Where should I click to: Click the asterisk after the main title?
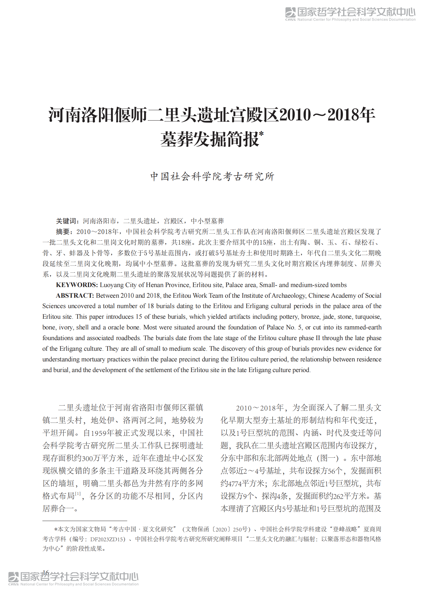pyautogui.click(x=261, y=134)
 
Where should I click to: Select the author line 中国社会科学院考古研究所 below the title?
pyautogui.click(x=212, y=176)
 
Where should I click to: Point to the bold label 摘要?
pyautogui.click(x=62, y=232)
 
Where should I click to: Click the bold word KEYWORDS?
pyautogui.click(x=76, y=285)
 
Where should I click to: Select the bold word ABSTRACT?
pyautogui.click(x=75, y=296)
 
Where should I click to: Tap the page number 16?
pyautogui.click(x=46, y=572)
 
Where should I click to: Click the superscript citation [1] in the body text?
pyautogui.click(x=78, y=494)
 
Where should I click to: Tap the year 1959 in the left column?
pyautogui.click(x=99, y=433)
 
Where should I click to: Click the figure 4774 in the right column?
pyautogui.click(x=235, y=484)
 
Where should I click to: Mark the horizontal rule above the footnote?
pyautogui.click(x=85, y=521)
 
